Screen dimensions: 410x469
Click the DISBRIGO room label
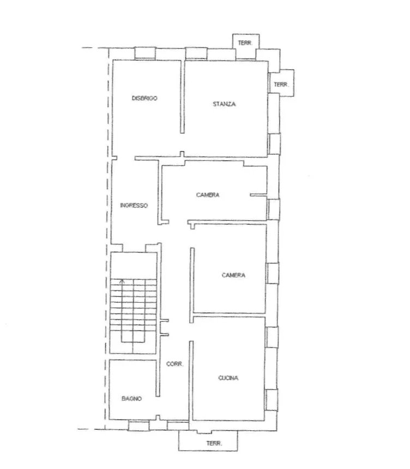point(144,98)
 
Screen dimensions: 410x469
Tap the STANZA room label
point(224,104)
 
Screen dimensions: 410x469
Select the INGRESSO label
point(134,206)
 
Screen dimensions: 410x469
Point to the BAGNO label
point(131,399)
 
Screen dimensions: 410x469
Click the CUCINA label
point(228,378)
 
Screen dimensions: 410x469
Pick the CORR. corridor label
point(174,364)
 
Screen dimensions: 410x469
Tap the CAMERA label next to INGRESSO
point(208,195)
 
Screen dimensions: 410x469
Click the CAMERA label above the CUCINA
point(233,275)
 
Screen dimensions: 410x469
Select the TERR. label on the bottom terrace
point(214,443)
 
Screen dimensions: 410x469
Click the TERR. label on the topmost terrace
point(245,43)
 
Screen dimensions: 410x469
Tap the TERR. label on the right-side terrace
point(281,85)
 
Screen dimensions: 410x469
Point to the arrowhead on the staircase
point(122,281)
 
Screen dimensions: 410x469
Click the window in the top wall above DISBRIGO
point(145,53)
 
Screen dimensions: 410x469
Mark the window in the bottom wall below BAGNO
point(139,425)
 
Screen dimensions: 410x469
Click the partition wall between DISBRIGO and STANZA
point(182,97)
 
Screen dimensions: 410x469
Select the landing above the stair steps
point(134,266)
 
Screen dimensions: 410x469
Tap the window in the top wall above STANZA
point(196,53)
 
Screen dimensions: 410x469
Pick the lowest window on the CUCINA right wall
point(272,400)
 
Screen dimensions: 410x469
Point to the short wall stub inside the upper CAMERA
point(258,195)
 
